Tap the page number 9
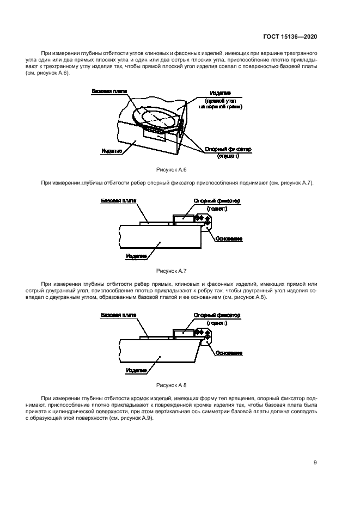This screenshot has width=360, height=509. (315, 463)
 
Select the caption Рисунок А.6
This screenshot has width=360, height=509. (171, 170)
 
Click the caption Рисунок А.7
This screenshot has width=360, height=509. (171, 271)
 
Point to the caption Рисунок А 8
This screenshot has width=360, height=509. (171, 384)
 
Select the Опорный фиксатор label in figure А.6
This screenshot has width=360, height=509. (227, 149)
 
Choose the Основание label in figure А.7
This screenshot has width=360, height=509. (229, 238)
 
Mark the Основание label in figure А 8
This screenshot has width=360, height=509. (229, 353)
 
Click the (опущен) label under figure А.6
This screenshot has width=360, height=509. (227, 156)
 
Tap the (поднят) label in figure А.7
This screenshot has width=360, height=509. (217, 208)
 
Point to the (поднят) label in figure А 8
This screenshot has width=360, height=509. (217, 322)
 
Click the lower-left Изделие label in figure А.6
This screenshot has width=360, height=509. (111, 151)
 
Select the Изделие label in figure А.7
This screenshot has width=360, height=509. (136, 256)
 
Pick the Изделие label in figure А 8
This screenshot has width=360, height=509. (136, 370)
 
